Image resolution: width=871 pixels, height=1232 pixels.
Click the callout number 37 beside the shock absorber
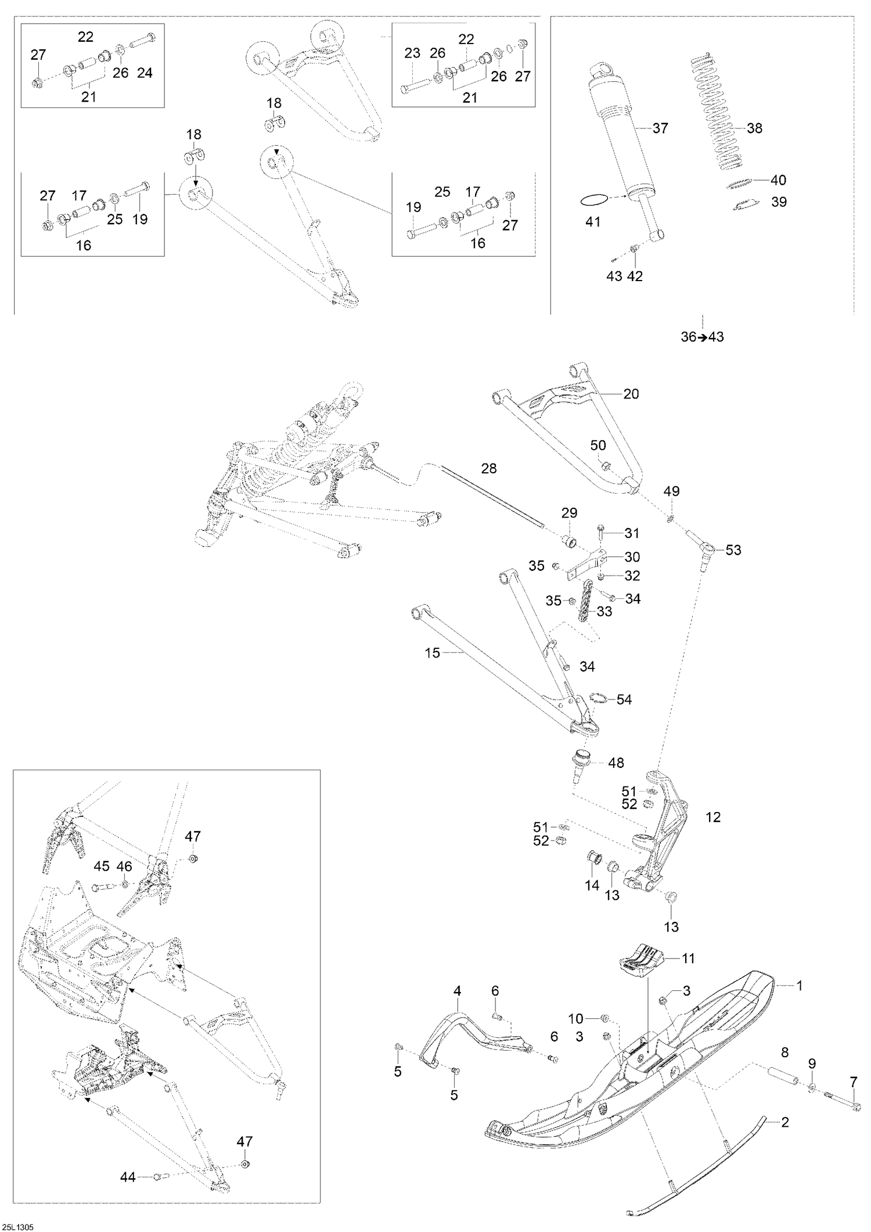(660, 128)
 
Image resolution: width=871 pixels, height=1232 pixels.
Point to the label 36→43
(702, 337)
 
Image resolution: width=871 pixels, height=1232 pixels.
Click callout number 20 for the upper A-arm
(631, 394)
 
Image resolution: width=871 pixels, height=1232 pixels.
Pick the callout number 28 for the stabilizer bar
(489, 468)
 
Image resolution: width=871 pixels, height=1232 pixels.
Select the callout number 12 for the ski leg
(712, 817)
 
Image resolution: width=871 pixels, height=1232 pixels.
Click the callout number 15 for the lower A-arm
(433, 653)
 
